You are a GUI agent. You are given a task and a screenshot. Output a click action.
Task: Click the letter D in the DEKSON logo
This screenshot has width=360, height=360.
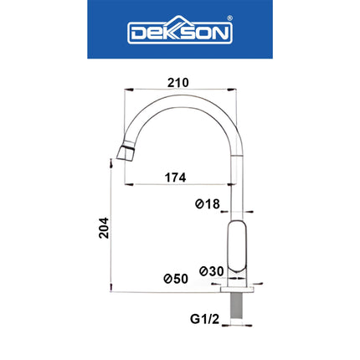[136, 33]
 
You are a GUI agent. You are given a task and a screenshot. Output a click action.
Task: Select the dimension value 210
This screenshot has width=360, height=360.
[177, 83]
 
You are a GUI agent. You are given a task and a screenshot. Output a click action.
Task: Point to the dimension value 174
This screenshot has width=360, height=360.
[175, 177]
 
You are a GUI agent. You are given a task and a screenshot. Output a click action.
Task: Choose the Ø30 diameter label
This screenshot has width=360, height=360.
[211, 271]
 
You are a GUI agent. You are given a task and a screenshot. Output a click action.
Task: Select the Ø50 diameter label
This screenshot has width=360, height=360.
[176, 278]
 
